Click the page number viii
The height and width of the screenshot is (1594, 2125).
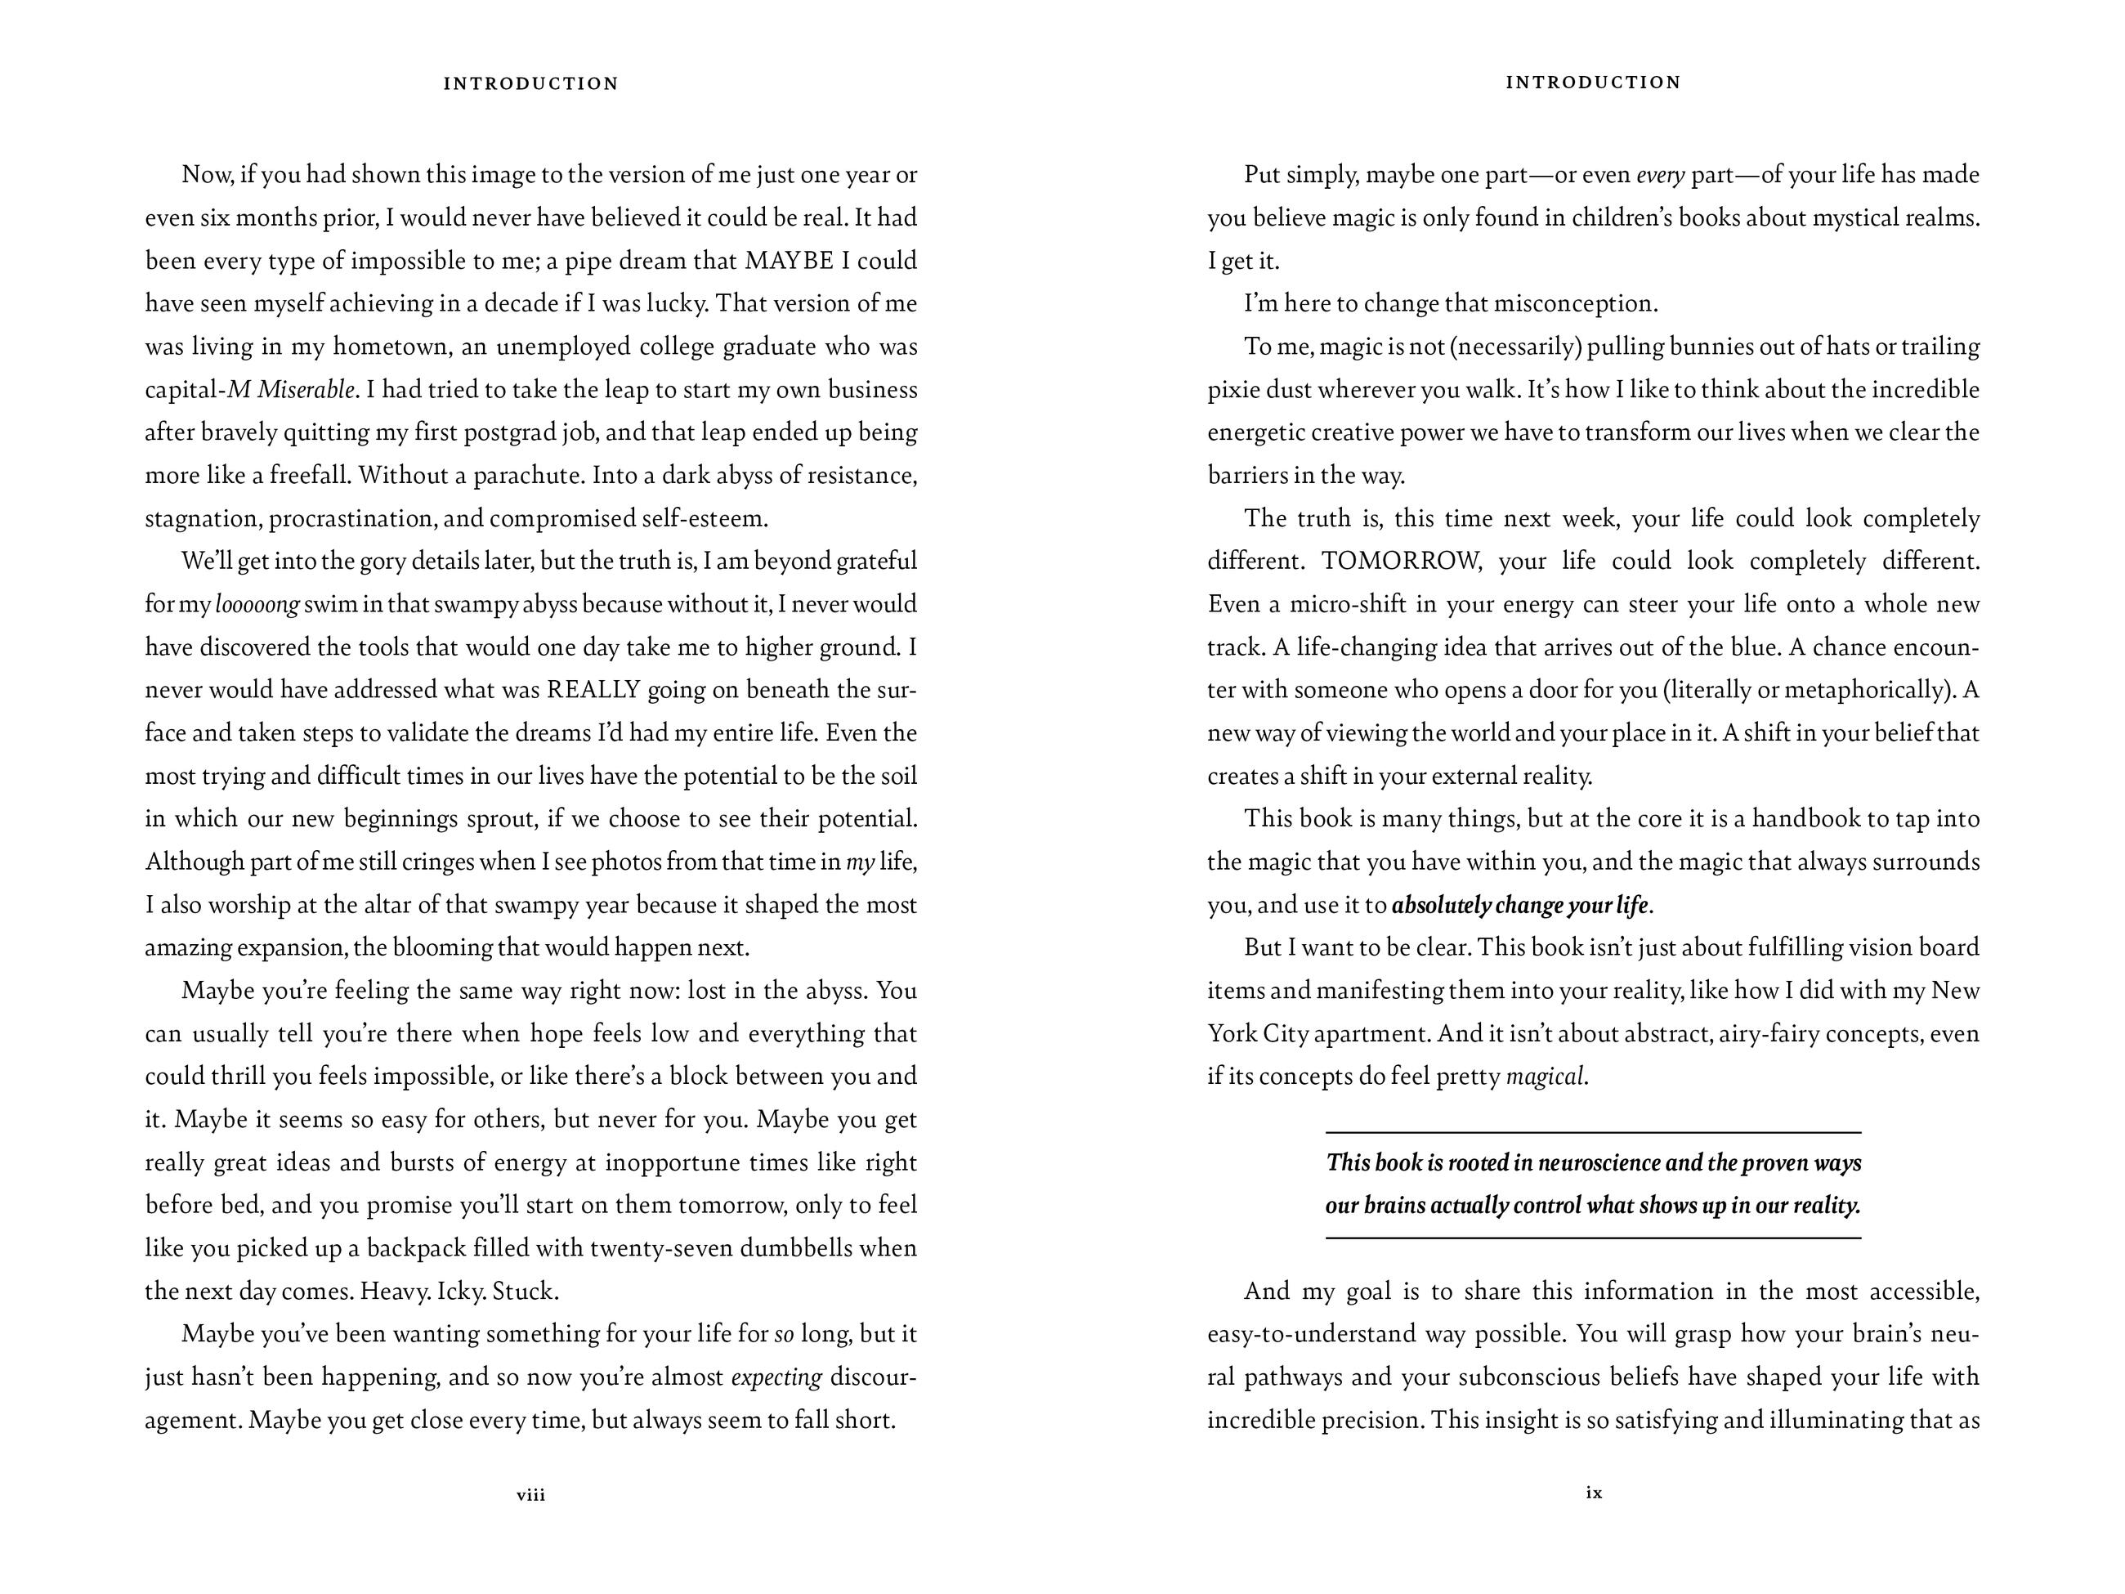(x=530, y=1494)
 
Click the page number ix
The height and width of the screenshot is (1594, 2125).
(x=1594, y=1492)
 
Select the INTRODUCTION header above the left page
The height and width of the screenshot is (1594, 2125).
(x=530, y=83)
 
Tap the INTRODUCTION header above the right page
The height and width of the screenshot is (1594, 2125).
(x=1594, y=83)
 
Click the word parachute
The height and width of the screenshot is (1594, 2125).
(x=527, y=476)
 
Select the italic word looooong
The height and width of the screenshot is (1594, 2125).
(x=257, y=604)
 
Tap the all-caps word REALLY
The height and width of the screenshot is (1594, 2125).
(x=593, y=690)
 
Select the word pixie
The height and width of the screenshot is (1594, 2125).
(x=1233, y=389)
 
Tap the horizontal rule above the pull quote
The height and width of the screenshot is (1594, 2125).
(x=1593, y=1133)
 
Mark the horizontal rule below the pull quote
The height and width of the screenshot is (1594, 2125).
(x=1593, y=1238)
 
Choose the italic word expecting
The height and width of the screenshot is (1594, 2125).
(x=776, y=1377)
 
